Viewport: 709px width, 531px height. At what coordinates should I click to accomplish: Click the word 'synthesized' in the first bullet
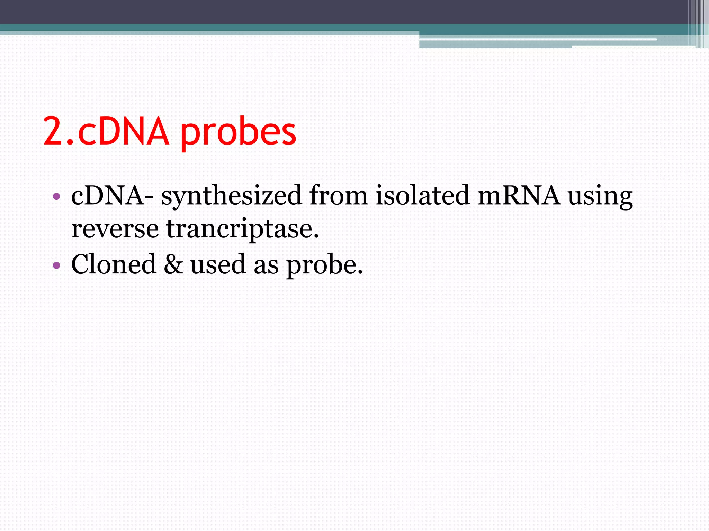[x=231, y=196]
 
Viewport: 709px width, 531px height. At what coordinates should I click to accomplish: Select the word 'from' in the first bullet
[x=338, y=195]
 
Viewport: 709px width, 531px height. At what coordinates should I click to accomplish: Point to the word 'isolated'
[x=422, y=195]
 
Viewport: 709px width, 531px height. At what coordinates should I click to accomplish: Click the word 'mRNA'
[x=519, y=195]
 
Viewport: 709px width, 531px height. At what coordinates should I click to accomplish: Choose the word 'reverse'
[x=115, y=229]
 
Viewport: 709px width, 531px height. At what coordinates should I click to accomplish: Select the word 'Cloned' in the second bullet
[x=114, y=264]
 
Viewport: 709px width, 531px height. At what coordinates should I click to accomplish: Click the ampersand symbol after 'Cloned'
[x=173, y=264]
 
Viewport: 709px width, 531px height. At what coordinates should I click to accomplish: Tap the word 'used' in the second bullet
[x=218, y=264]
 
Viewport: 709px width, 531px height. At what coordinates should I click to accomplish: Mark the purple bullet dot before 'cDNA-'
[x=56, y=197]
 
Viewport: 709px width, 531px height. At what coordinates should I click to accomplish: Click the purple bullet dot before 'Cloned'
[x=56, y=265]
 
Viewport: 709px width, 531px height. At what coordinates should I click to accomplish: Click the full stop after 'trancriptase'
[x=316, y=237]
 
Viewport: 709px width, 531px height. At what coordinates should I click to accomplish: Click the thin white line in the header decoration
[x=540, y=40]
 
